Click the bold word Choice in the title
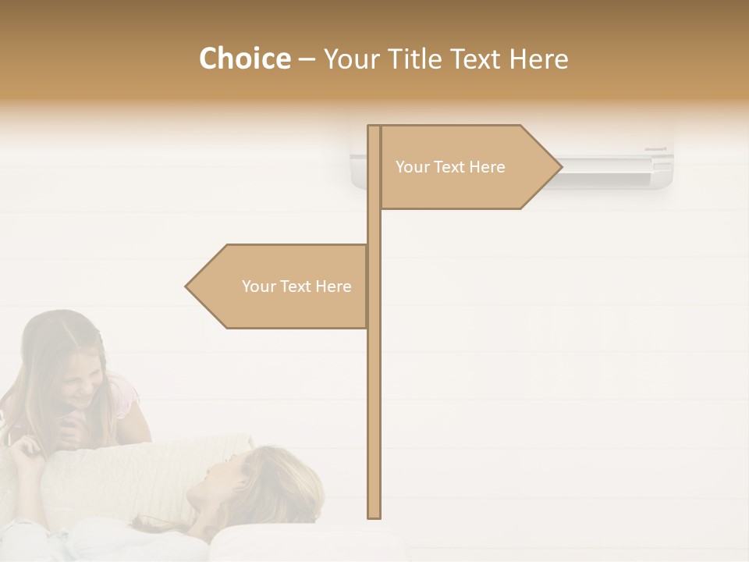(x=244, y=59)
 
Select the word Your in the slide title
(x=356, y=59)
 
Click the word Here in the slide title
(x=538, y=59)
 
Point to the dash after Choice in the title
(x=307, y=60)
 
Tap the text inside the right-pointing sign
(x=450, y=167)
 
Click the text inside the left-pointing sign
(x=296, y=286)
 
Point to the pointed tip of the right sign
(x=560, y=167)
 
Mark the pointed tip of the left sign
(x=187, y=286)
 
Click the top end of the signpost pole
(x=374, y=128)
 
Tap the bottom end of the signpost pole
(x=374, y=515)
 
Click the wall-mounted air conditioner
(x=616, y=164)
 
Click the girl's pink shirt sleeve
(x=125, y=394)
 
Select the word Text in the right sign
(x=450, y=167)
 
